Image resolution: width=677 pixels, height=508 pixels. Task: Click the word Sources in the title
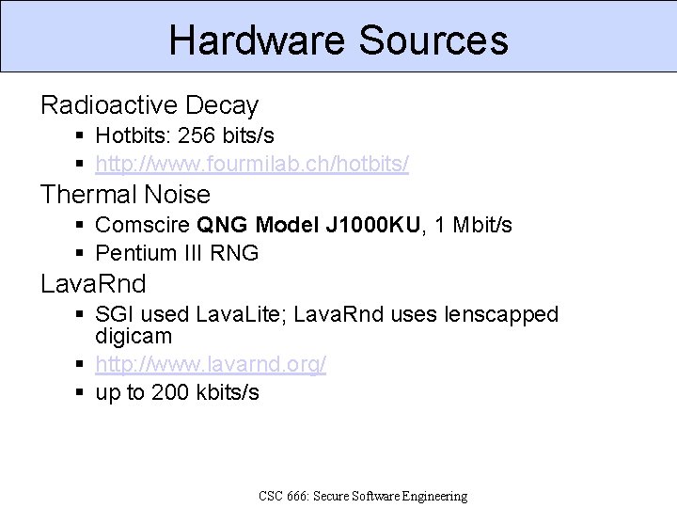(x=433, y=40)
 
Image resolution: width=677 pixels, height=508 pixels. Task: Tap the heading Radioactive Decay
(x=149, y=104)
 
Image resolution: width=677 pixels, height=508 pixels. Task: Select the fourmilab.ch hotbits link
(x=252, y=164)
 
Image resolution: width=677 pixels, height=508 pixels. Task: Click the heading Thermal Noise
(x=125, y=195)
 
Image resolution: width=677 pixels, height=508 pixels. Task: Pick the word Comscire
(x=144, y=226)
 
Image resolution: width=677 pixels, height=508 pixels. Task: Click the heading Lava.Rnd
(x=93, y=284)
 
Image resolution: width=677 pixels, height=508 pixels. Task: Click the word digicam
(x=134, y=336)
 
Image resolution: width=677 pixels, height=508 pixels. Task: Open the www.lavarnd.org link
(x=211, y=364)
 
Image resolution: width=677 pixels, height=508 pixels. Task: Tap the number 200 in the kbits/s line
(x=171, y=392)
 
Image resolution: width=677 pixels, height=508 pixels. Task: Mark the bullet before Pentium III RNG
(x=81, y=253)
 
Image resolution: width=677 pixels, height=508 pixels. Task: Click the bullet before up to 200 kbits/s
(x=81, y=392)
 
